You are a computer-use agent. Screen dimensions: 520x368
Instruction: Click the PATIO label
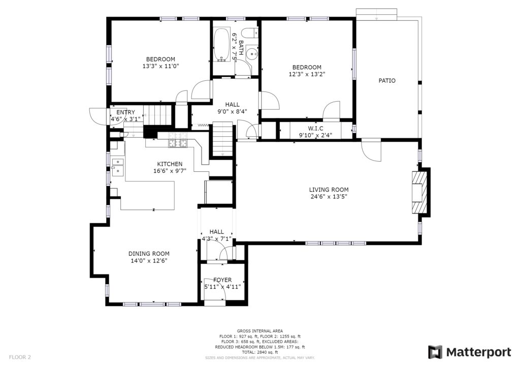[387, 81]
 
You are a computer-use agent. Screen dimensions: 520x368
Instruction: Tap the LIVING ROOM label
[329, 190]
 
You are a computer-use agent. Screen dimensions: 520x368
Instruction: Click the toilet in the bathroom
[249, 33]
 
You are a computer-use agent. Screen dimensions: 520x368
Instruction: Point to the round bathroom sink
[253, 52]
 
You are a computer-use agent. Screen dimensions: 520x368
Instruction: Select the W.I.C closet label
[315, 129]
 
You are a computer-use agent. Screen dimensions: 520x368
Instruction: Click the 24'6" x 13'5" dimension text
[329, 197]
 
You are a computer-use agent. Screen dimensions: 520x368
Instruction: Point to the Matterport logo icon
[435, 352]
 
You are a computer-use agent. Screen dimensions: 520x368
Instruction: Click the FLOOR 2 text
[20, 357]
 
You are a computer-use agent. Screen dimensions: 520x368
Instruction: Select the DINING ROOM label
[149, 254]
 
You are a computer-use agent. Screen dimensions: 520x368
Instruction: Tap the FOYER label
[222, 280]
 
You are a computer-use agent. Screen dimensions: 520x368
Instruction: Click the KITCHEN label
[170, 164]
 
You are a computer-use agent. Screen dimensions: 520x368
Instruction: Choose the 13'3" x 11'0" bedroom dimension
[161, 66]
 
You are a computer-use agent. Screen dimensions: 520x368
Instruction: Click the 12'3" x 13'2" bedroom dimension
[307, 74]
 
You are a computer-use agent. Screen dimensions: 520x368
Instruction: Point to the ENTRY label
[126, 112]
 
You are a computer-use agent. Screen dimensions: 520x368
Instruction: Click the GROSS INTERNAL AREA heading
[260, 331]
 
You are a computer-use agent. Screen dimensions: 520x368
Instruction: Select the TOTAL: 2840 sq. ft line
[259, 352]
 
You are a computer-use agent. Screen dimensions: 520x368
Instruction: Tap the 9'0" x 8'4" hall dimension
[233, 112]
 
